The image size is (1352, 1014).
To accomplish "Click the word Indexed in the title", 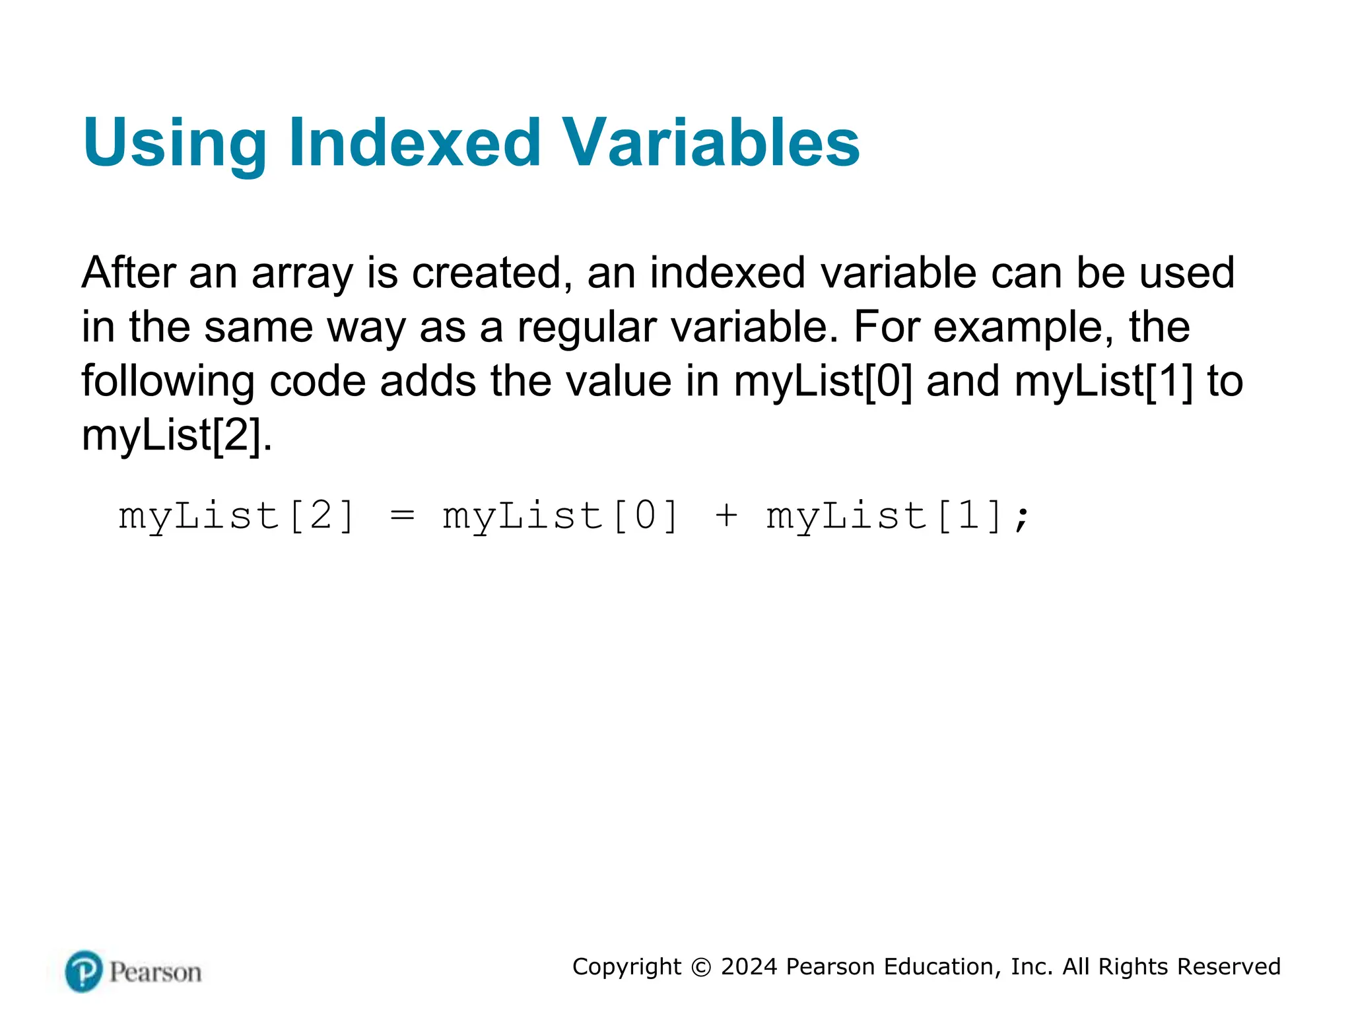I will coord(415,143).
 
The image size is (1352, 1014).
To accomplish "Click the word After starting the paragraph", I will coord(129,273).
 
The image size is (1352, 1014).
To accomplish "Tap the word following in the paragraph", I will coord(168,382).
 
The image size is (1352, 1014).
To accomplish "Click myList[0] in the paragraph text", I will coord(823,382).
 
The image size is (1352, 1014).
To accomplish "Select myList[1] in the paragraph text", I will coord(1104,382).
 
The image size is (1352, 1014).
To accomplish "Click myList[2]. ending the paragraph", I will coord(176,436).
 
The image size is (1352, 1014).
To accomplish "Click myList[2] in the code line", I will coord(236,516).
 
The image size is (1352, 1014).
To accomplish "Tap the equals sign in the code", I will coord(402,516).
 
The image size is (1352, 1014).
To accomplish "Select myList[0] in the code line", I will coord(560,516).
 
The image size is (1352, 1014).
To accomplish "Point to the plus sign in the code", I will coord(726,516).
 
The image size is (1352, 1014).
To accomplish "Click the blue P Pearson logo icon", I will coord(84,971).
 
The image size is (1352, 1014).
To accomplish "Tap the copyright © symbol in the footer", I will coord(700,967).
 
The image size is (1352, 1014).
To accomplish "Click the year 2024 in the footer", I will coord(749,967).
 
